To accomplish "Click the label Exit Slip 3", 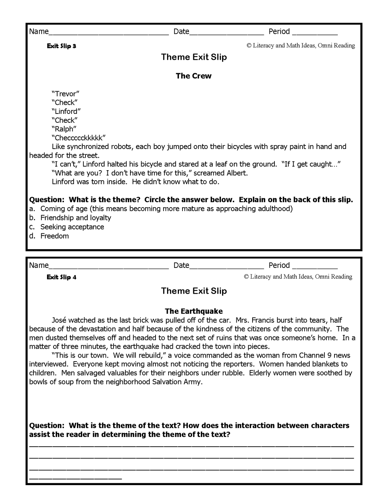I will click(x=61, y=46).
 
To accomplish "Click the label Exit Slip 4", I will click(x=61, y=277).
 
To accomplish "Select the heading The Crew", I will click(x=194, y=76).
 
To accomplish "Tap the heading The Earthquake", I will click(x=194, y=311).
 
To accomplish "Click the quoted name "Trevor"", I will click(x=65, y=94).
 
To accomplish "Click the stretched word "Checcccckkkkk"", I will click(x=78, y=138).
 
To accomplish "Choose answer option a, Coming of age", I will click(x=166, y=209).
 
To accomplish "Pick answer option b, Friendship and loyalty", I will click(x=75, y=218).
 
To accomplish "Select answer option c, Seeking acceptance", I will click(x=72, y=227).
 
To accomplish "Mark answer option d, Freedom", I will click(x=54, y=236).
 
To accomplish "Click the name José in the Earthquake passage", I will click(x=59, y=320).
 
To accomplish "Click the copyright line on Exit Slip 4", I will click(x=298, y=276).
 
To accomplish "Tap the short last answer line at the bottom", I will click(x=75, y=478).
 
